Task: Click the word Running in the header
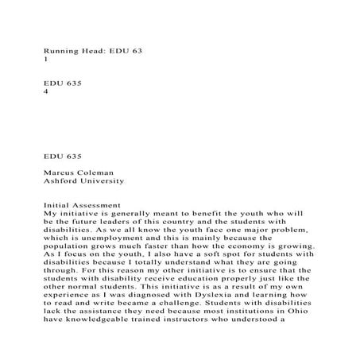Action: pos(60,49)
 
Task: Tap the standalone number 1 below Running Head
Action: pos(45,59)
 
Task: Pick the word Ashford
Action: pos(62,181)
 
